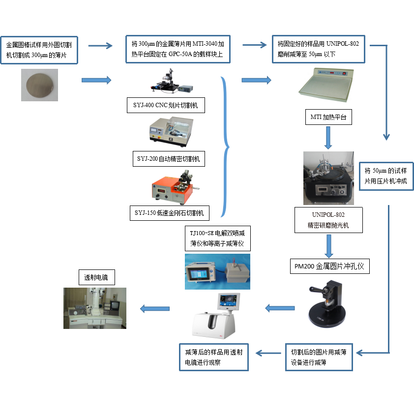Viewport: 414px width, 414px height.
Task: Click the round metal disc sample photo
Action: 39,85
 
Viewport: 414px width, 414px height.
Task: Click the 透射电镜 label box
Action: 96,278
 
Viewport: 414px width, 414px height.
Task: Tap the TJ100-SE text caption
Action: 217,237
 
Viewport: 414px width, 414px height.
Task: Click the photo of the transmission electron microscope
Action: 95,308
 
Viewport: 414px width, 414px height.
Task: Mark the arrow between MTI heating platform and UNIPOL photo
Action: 328,138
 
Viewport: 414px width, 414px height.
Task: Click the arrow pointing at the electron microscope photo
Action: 155,309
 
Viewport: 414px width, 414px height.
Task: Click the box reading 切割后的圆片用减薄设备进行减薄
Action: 319,357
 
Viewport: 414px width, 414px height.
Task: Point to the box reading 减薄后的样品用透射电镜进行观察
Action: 214,357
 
